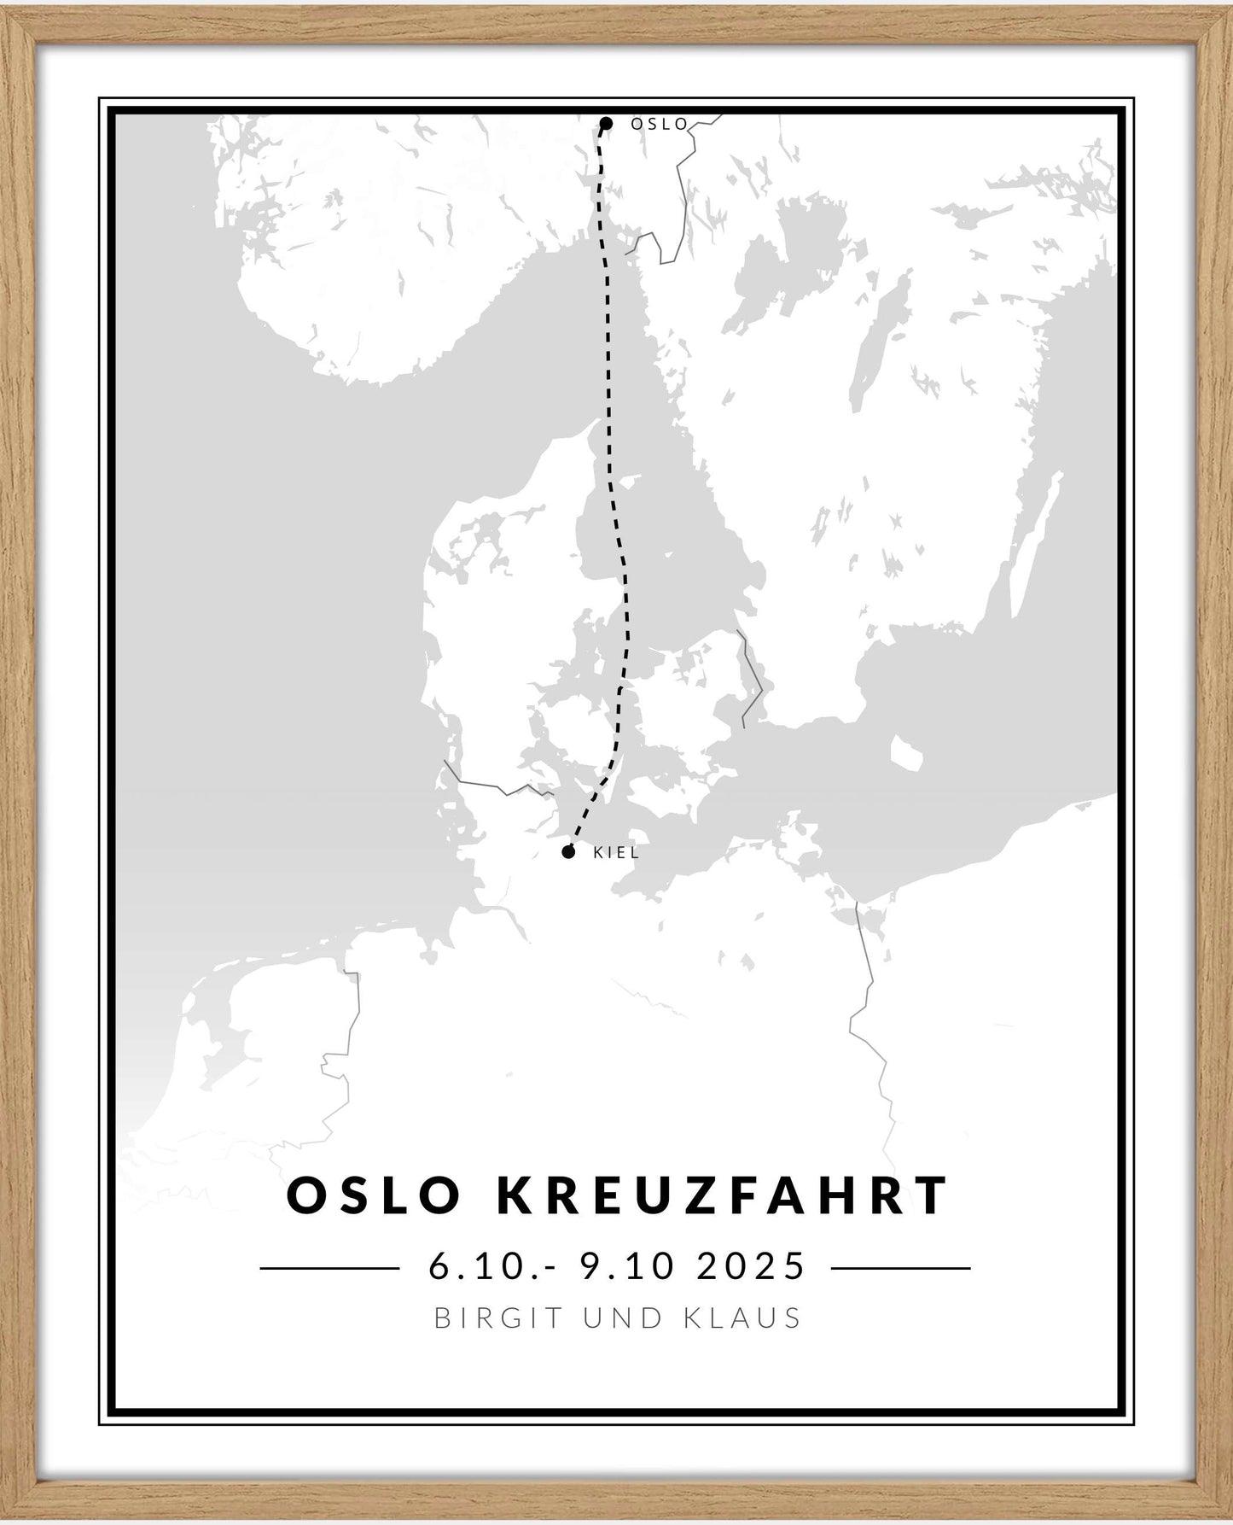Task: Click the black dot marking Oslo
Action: [x=606, y=124]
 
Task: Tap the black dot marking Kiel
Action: [x=568, y=851]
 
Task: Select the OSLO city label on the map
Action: [x=659, y=124]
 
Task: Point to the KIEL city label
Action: [x=615, y=852]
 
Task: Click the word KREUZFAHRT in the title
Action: [x=723, y=1195]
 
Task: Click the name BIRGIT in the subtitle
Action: [x=501, y=1318]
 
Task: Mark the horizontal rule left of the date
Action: [x=329, y=1268]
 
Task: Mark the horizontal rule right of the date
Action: [x=900, y=1268]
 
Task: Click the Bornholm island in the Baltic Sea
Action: [x=906, y=752]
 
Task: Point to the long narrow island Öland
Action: [x=1033, y=546]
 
